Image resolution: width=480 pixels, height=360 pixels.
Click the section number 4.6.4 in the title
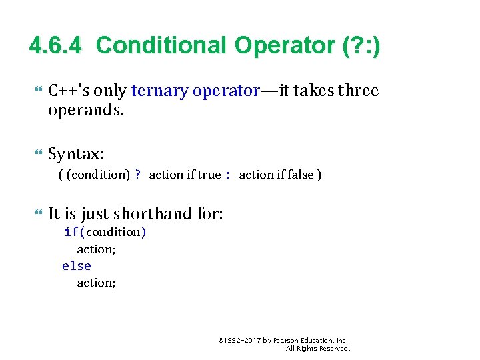[57, 45]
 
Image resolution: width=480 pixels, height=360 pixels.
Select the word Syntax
[75, 154]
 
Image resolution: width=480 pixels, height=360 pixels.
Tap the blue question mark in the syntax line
[138, 175]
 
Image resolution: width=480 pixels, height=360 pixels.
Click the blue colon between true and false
[227, 175]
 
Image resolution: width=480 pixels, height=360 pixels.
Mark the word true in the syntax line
[209, 175]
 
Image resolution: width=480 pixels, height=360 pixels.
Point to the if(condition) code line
[105, 232]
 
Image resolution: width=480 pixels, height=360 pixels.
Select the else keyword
[76, 266]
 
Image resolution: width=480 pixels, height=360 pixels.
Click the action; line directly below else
[96, 283]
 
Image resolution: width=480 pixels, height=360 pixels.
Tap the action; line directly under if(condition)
[96, 249]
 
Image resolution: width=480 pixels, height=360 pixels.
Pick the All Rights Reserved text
[317, 348]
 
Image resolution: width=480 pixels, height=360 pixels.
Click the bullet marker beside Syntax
[37, 154]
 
